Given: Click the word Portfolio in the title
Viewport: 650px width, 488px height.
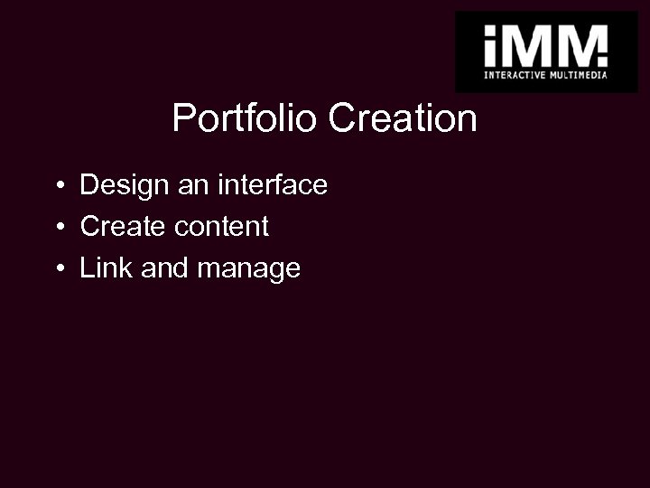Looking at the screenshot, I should pyautogui.click(x=246, y=118).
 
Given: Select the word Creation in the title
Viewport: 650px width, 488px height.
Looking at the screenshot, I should pyautogui.click(x=403, y=118).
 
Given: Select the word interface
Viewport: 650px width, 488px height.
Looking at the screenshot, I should pyautogui.click(x=272, y=186).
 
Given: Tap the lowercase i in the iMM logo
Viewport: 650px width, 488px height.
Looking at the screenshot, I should pyautogui.click(x=493, y=47).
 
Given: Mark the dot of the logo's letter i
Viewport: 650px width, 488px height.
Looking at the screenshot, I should pyautogui.click(x=493, y=32).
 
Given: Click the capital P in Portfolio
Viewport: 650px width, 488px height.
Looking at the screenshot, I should pyautogui.click(x=182, y=118).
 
